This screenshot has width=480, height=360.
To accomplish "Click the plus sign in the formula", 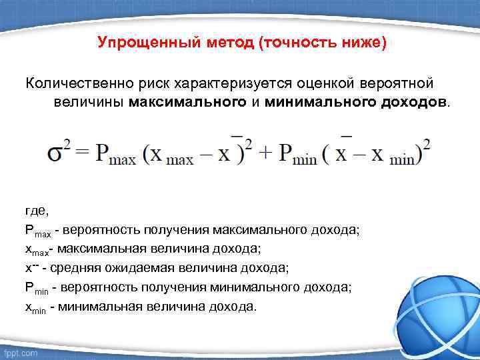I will coord(265,153).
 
